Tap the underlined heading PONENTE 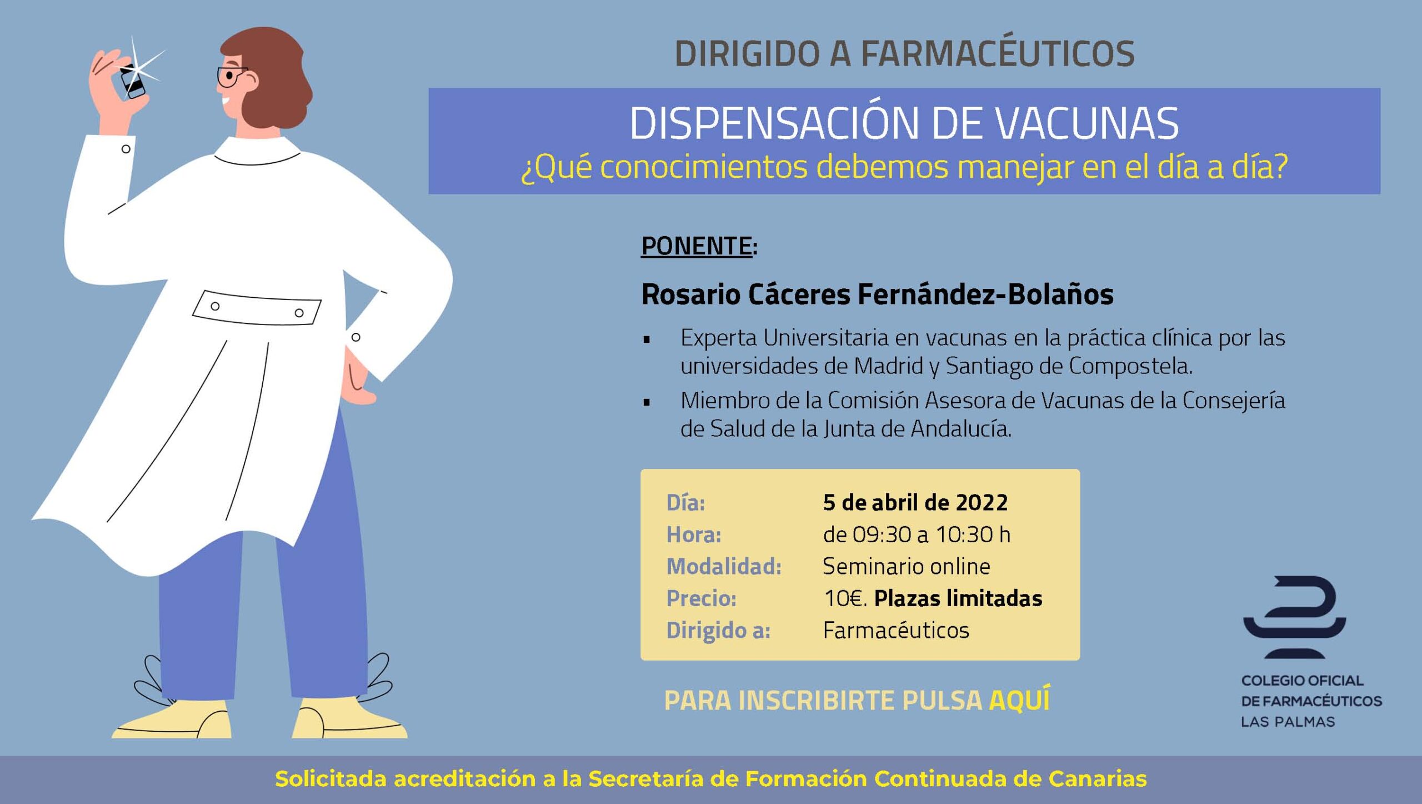pyautogui.click(x=697, y=246)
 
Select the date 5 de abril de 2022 pyautogui.click(x=915, y=502)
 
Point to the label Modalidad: pyautogui.click(x=724, y=566)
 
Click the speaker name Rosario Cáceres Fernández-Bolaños pyautogui.click(x=878, y=294)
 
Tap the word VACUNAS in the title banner pyautogui.click(x=1086, y=123)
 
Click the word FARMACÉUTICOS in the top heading pyautogui.click(x=998, y=54)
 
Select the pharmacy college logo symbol pyautogui.click(x=1294, y=617)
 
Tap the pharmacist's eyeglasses pyautogui.click(x=230, y=77)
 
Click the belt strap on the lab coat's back pyautogui.click(x=257, y=308)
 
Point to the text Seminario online pyautogui.click(x=907, y=566)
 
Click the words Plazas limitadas pyautogui.click(x=958, y=598)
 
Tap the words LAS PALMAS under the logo pyautogui.click(x=1288, y=722)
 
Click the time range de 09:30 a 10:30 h pyautogui.click(x=917, y=535)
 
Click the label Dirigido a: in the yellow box pyautogui.click(x=718, y=631)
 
